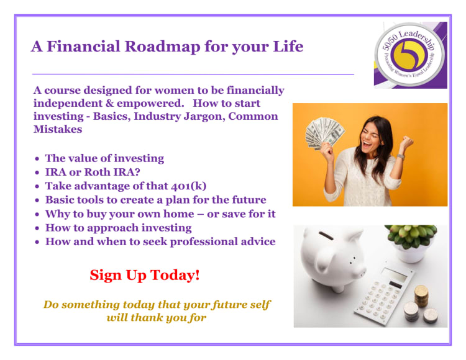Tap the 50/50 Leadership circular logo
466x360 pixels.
tap(410, 55)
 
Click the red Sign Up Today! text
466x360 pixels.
tap(145, 275)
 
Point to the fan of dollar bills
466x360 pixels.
tap(325, 132)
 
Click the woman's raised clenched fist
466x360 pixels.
tap(406, 142)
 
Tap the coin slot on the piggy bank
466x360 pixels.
tap(326, 236)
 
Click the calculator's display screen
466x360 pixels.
tap(395, 275)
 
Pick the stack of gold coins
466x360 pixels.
tap(421, 295)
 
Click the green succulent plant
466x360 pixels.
tap(411, 236)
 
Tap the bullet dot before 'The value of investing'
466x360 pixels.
tap(37, 159)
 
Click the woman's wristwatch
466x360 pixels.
tap(401, 156)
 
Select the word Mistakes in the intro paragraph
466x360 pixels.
tap(58, 129)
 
